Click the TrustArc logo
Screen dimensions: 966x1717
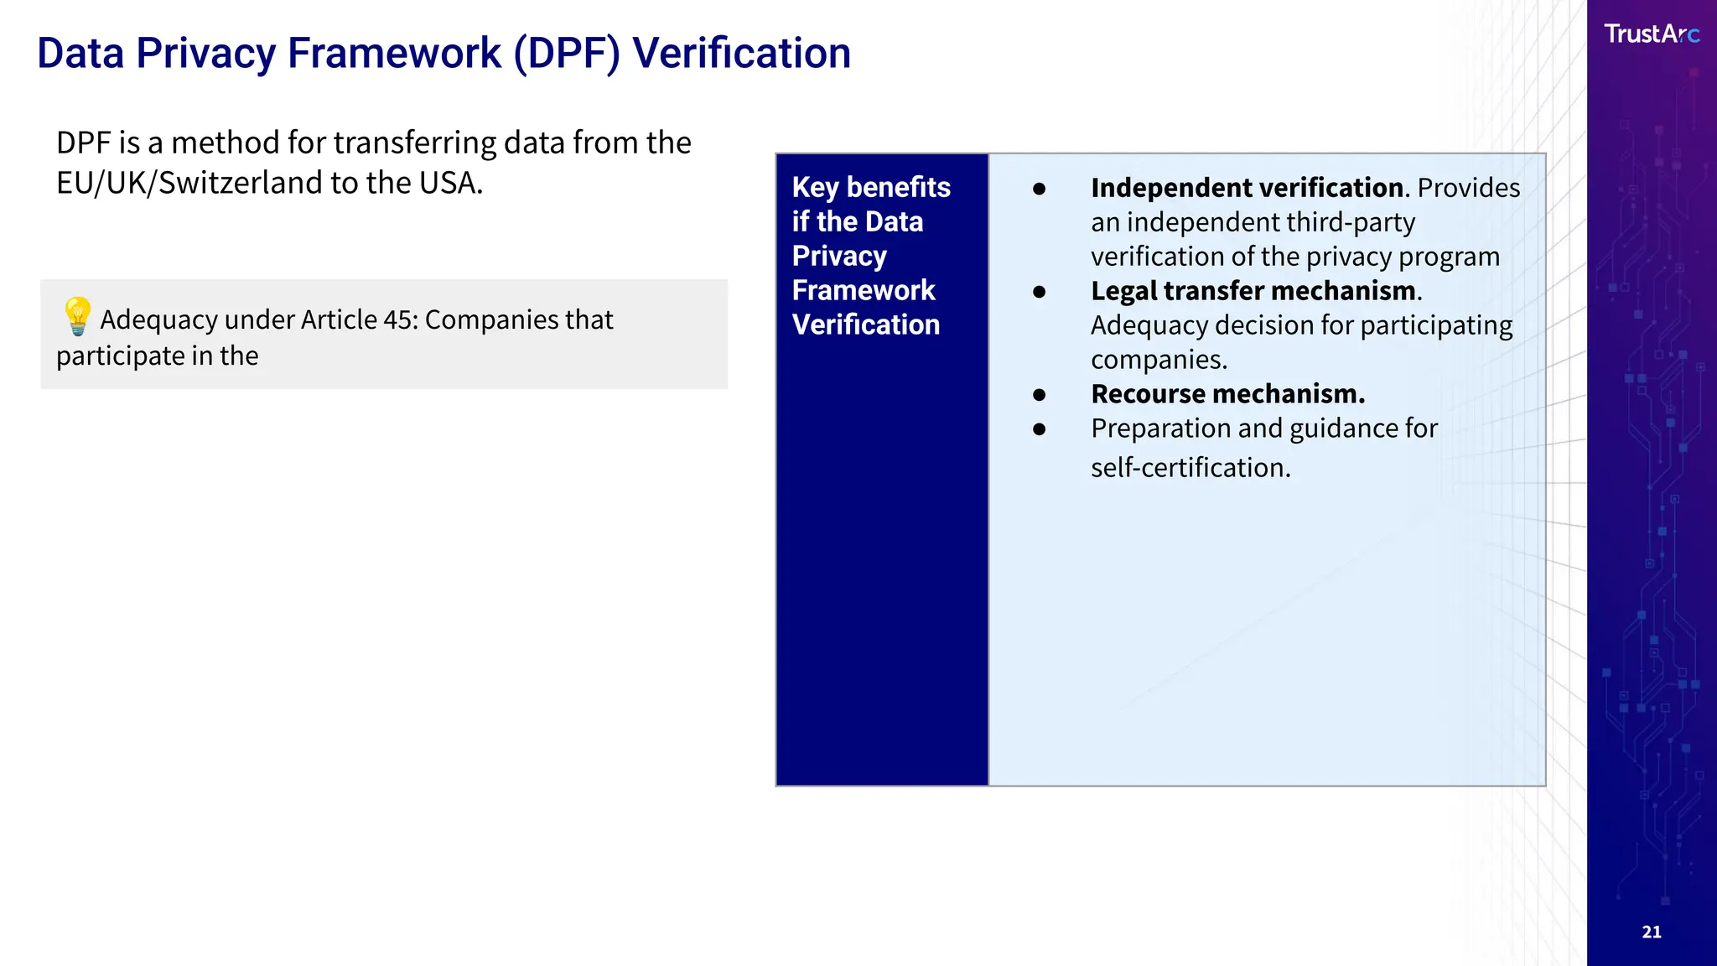point(1651,34)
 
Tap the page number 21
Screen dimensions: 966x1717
point(1651,932)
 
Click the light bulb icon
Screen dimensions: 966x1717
point(77,316)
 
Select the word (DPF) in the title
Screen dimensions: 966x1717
point(567,54)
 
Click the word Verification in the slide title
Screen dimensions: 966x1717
point(741,54)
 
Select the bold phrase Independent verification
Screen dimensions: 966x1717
point(1247,188)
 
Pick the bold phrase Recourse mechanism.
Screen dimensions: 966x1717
point(1227,394)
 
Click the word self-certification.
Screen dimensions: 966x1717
point(1190,467)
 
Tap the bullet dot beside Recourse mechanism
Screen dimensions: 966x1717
point(1040,395)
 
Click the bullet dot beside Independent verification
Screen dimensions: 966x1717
point(1040,189)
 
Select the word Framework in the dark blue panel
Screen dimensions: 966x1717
point(863,290)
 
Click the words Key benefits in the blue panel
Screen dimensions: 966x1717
point(870,187)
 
